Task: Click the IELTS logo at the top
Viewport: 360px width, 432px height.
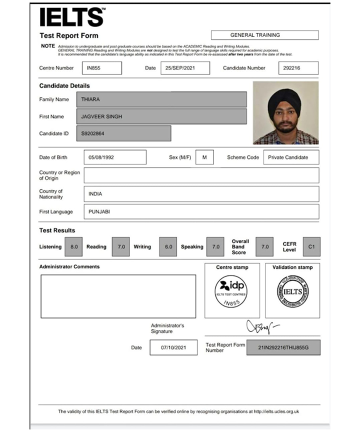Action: click(x=72, y=16)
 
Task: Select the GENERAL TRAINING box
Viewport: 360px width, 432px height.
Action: click(x=264, y=35)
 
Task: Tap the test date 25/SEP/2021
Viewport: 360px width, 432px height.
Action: click(x=185, y=68)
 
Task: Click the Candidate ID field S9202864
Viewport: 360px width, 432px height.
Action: click(x=126, y=133)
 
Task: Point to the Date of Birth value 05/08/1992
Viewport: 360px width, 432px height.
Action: click(x=115, y=157)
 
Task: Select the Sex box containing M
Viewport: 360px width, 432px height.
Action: click(x=204, y=157)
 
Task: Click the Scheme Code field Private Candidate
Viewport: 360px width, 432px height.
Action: click(x=290, y=157)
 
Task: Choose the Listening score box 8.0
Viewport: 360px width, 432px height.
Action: click(x=74, y=246)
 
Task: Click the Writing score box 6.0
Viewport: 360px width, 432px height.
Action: click(x=168, y=246)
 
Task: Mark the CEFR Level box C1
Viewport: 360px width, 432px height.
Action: click(x=311, y=246)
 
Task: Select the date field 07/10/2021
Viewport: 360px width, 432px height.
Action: click(x=173, y=347)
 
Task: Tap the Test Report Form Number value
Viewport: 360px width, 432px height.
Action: click(x=283, y=347)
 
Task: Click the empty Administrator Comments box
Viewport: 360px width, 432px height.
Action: click(x=118, y=296)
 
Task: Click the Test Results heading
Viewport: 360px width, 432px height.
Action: click(x=57, y=230)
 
